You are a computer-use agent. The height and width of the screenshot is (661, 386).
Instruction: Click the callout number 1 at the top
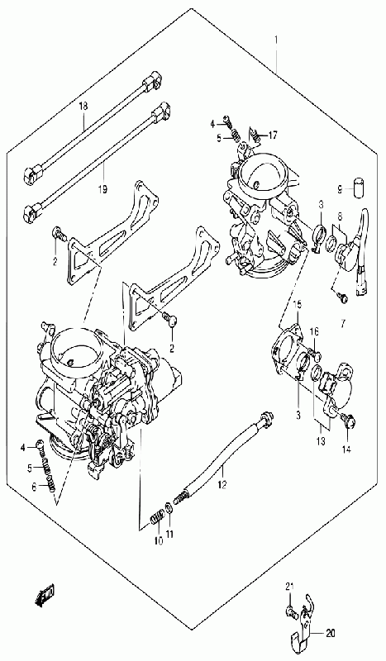[x=276, y=40]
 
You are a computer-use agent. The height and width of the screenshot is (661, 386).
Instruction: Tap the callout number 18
[x=83, y=106]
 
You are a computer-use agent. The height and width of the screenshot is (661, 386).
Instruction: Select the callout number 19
[x=102, y=189]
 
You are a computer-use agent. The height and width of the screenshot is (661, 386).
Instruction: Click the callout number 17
[x=273, y=136]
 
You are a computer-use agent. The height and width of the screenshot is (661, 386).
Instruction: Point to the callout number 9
[x=341, y=190]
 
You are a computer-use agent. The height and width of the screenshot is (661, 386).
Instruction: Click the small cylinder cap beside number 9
[x=359, y=186]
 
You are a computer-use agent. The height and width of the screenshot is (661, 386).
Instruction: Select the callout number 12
[x=222, y=485]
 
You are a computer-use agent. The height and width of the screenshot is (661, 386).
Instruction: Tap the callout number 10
[x=158, y=541]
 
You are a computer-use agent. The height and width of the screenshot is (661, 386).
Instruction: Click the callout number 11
[x=169, y=534]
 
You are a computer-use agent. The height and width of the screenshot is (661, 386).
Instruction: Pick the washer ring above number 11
[x=169, y=506]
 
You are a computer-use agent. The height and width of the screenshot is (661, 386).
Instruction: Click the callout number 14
[x=346, y=449]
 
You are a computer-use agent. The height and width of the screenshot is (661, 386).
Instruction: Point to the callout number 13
[x=321, y=441]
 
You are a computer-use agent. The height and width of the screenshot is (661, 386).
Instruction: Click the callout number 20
[x=331, y=633]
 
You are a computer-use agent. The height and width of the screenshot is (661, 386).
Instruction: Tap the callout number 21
[x=289, y=587]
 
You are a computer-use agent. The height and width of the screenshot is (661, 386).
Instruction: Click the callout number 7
[x=342, y=324]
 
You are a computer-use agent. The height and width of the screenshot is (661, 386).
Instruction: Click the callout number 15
[x=298, y=304]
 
